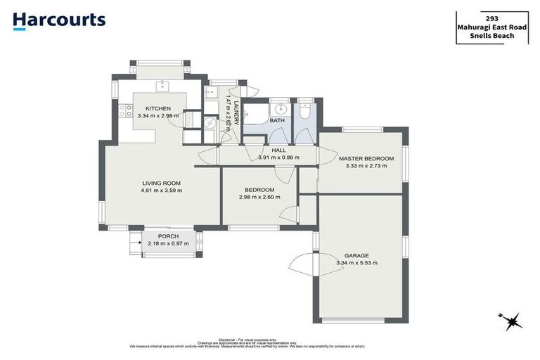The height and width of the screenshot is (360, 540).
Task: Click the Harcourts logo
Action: coord(59,20)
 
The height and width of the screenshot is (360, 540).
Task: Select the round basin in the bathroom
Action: coord(280,109)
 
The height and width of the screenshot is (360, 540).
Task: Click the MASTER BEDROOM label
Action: coord(366,159)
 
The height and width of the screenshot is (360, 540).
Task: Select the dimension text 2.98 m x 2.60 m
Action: coord(259,198)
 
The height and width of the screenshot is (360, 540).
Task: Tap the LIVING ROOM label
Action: coord(162,183)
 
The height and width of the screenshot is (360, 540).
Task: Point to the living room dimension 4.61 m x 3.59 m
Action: coord(162,191)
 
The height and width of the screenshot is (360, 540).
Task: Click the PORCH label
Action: coord(167,236)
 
